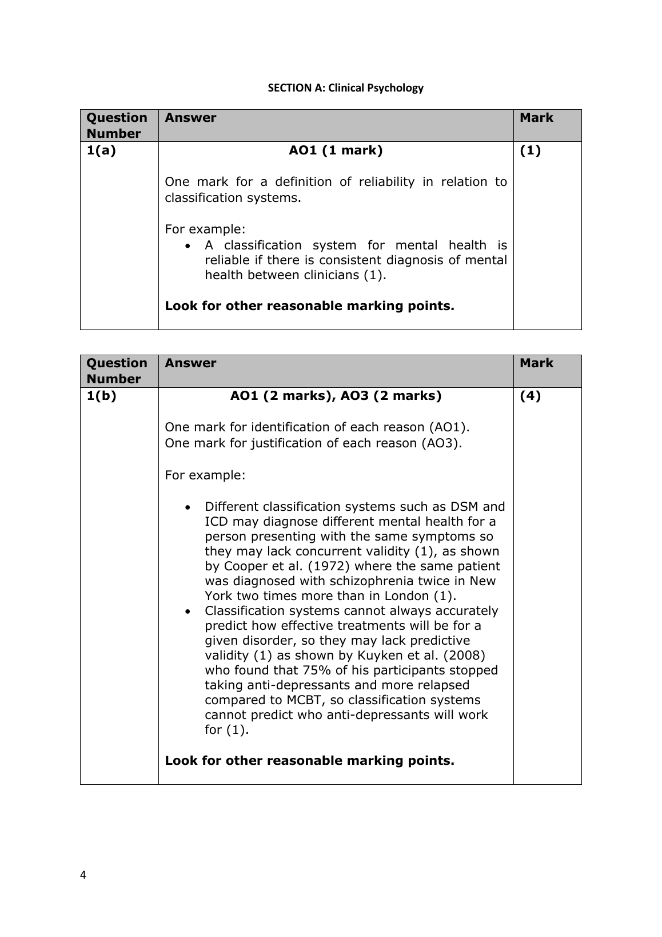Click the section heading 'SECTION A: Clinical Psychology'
346,88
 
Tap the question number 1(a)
101,150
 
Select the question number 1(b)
101,396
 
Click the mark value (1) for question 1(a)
530,150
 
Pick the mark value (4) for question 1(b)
530,396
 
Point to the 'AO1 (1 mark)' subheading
336,150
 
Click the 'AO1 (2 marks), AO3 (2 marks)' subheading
336,396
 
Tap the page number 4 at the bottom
83,875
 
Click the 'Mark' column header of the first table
536,118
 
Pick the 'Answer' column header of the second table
190,363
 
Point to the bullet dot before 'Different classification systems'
188,507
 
